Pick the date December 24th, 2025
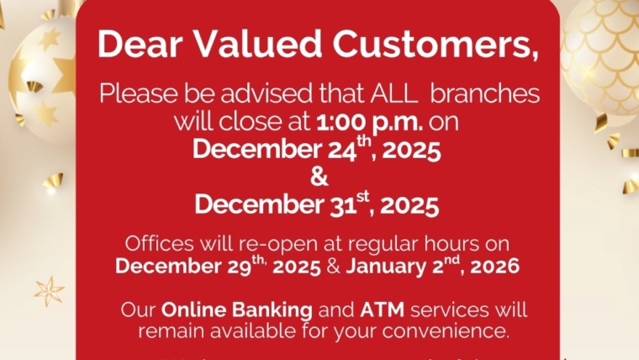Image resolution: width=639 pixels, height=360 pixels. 318,150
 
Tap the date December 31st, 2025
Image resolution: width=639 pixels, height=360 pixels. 318,204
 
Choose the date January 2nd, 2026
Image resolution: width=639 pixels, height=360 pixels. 433,267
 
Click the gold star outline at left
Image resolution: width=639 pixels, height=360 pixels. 49,291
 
